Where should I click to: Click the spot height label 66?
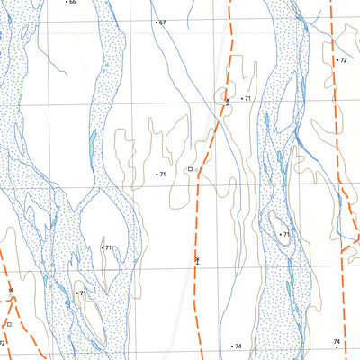(x=73, y=3)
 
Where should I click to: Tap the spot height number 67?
(x=163, y=22)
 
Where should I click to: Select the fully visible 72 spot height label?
(x=343, y=59)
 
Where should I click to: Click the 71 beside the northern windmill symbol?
(x=247, y=97)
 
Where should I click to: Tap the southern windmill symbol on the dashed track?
(x=197, y=259)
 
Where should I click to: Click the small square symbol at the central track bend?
(x=190, y=169)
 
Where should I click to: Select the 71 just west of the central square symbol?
(x=163, y=173)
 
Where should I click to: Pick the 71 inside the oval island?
(x=287, y=235)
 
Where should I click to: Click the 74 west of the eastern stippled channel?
(x=238, y=346)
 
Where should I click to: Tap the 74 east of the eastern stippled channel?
(x=337, y=342)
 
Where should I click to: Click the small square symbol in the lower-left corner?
(x=8, y=322)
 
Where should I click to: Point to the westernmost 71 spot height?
(x=83, y=293)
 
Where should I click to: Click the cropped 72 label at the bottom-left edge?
(x=3, y=343)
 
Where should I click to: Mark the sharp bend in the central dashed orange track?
(x=197, y=170)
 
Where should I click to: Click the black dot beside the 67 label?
(x=156, y=22)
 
